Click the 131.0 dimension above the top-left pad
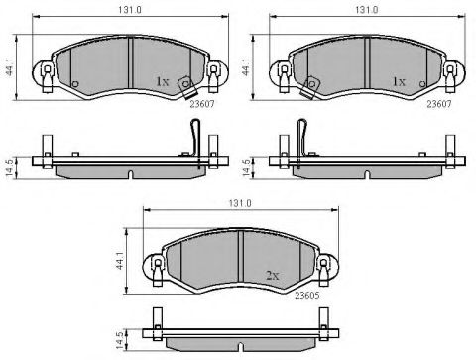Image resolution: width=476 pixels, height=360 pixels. tap(130, 10)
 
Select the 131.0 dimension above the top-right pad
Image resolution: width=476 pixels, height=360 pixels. tap(367, 10)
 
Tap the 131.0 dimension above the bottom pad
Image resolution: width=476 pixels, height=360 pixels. tap(240, 203)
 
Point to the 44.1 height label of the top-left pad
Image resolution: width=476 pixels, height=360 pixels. tap(10, 66)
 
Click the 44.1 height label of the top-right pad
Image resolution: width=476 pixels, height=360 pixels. tap(246, 66)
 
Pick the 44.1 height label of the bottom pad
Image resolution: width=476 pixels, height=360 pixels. tap(119, 260)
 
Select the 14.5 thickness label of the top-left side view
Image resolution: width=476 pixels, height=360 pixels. tap(10, 167)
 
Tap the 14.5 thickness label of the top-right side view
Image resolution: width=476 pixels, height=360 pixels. tap(246, 167)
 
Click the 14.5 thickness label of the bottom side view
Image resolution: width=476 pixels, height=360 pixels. tap(120, 340)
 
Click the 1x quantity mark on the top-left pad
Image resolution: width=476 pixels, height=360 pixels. tap(162, 81)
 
